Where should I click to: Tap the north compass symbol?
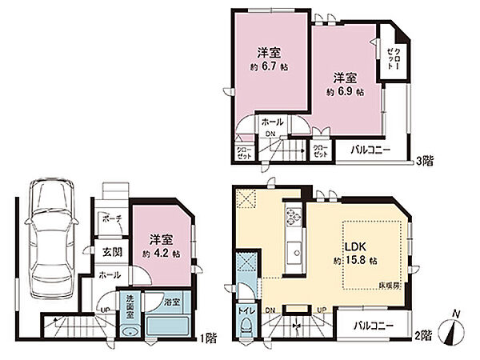click(x=454, y=328)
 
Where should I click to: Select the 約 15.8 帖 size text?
click(x=356, y=261)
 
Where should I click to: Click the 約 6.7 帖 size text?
click(x=268, y=66)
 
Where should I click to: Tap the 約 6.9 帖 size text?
click(x=345, y=91)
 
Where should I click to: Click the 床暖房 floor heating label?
click(x=388, y=285)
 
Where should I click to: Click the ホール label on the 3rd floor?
click(x=270, y=122)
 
